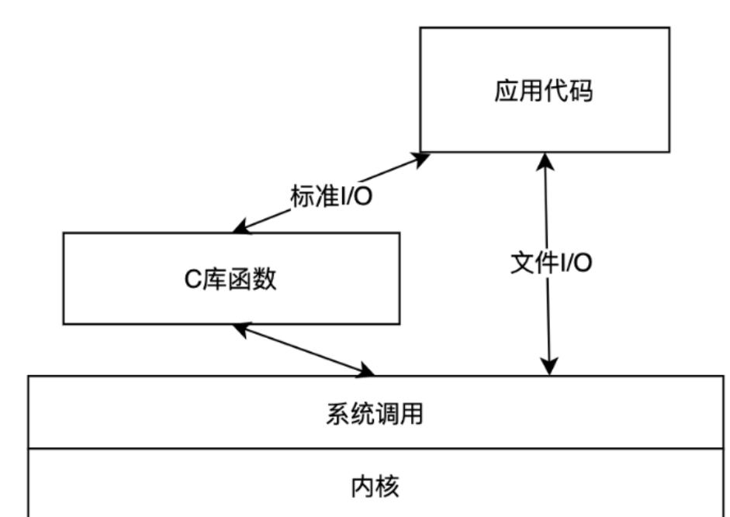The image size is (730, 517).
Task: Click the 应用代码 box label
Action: coord(543,91)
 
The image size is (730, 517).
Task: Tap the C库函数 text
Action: coord(230,279)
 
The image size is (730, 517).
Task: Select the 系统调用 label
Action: coord(374,414)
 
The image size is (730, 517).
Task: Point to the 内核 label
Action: coord(374,488)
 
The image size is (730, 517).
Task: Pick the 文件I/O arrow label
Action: coord(552,263)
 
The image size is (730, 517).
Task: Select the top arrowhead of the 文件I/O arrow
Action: coord(546,160)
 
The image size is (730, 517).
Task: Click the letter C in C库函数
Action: coord(192,280)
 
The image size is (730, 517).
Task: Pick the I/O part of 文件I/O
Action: coord(575,263)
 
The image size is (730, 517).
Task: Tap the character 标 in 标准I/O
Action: coord(299,196)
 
